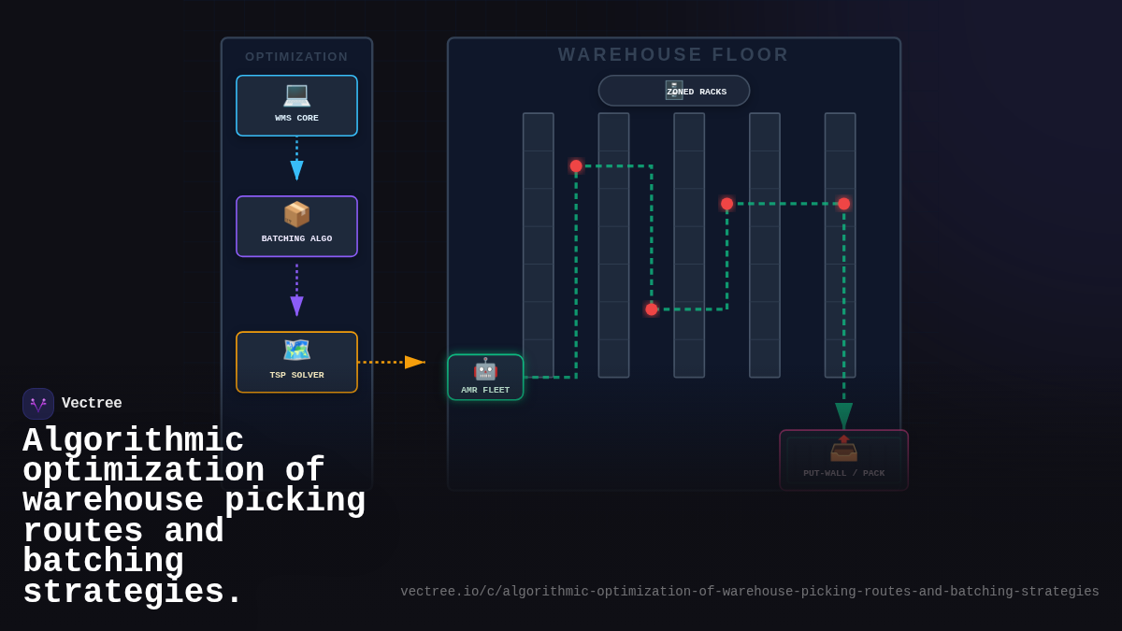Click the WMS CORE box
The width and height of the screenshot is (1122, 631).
(296, 106)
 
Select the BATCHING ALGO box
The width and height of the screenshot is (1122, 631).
(296, 226)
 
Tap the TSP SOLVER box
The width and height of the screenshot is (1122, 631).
(296, 362)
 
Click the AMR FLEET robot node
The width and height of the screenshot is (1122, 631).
(485, 378)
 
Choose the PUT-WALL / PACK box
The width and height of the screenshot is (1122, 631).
(843, 460)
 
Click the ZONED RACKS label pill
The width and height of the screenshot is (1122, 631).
(674, 91)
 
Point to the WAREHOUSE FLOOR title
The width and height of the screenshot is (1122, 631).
(673, 55)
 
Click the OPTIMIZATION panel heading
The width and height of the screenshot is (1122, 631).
(296, 57)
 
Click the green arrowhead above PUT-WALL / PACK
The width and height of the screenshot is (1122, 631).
(843, 415)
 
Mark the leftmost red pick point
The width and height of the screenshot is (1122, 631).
(576, 165)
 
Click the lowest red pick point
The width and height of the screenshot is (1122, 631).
(652, 309)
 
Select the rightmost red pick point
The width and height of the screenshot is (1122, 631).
(843, 204)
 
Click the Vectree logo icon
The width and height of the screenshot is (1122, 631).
(38, 404)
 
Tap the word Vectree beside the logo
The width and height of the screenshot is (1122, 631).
(92, 404)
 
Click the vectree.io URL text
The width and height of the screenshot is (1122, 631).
(750, 592)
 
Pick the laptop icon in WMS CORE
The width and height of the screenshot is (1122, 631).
(296, 94)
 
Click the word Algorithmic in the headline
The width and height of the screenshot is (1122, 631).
(133, 440)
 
